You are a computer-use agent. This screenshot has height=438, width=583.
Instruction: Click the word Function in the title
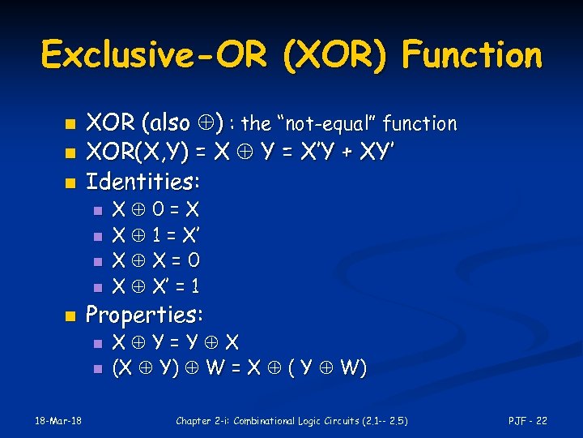[x=471, y=55]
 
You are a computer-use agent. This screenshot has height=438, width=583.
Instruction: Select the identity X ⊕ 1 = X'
[x=155, y=236]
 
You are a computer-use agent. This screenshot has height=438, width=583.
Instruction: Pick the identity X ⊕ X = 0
[x=155, y=261]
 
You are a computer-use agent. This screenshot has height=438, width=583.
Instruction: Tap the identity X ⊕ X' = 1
[x=155, y=286]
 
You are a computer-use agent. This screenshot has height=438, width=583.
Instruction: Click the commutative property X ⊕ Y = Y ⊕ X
[x=175, y=342]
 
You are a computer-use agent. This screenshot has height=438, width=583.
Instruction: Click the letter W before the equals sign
[x=216, y=368]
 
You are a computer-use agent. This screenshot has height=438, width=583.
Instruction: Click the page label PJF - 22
[x=527, y=420]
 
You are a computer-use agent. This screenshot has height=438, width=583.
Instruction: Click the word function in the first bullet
[x=419, y=124]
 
